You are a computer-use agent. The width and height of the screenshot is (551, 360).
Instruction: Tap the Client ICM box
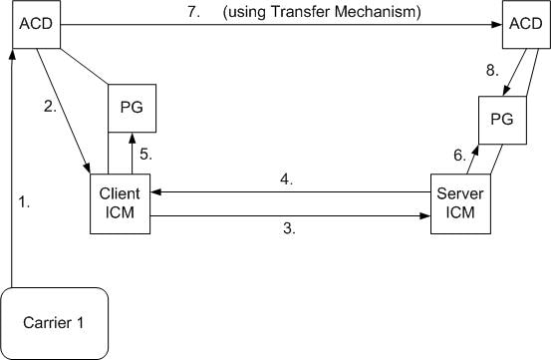(x=119, y=204)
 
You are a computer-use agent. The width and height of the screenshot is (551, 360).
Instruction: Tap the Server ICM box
(x=459, y=204)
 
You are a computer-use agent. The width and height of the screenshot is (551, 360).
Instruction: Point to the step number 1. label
(x=25, y=202)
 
